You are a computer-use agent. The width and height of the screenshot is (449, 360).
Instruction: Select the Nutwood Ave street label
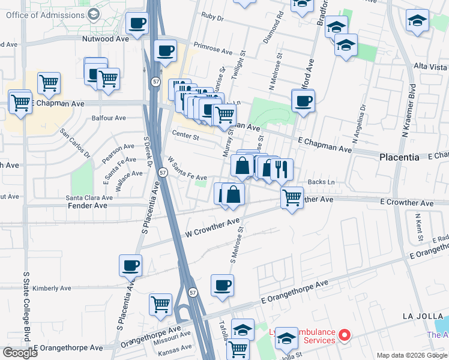click(x=106, y=39)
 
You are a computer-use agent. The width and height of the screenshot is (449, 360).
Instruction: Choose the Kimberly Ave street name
click(x=52, y=288)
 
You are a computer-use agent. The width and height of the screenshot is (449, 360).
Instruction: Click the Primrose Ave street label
click(x=213, y=49)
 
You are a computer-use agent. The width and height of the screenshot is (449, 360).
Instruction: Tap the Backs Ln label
click(x=321, y=182)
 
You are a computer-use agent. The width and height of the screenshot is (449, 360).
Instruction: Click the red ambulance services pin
click(x=345, y=335)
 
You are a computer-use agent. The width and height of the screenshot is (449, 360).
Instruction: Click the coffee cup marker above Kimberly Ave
click(x=130, y=265)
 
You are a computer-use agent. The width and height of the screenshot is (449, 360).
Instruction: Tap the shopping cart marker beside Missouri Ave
click(x=161, y=304)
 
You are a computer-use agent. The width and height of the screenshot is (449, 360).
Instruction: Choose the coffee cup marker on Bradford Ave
click(x=303, y=100)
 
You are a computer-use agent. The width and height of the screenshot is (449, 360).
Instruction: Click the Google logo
click(x=20, y=352)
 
